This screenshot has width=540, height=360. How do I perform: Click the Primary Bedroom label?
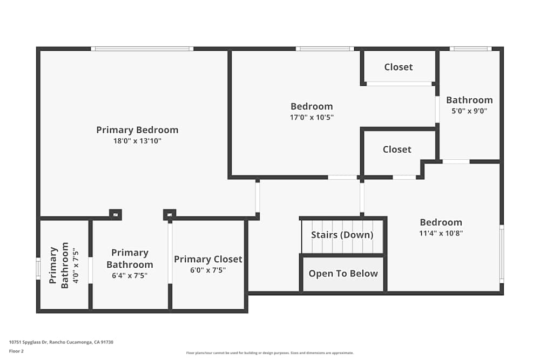137,130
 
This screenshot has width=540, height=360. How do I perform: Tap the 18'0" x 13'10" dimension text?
137,141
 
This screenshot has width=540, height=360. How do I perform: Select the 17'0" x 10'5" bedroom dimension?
312,117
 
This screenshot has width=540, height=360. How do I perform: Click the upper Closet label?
399,67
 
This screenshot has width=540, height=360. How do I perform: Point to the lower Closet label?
397,150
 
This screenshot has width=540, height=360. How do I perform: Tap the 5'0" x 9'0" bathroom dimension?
469,111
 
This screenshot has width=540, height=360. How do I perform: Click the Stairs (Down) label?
342,235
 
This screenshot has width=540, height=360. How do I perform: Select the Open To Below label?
343,274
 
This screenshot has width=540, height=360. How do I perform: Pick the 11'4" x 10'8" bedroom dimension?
441,234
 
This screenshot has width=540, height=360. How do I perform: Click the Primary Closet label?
208,260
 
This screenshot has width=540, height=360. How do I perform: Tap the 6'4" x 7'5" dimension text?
130,275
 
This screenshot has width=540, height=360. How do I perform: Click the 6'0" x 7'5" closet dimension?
208,270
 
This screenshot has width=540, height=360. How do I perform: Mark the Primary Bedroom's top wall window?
142,49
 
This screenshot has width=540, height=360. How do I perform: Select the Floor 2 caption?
16,351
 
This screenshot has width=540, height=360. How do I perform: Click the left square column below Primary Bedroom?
115,214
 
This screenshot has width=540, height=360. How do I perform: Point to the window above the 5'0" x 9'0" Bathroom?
470,49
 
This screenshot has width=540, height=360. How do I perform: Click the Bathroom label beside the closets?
469,100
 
